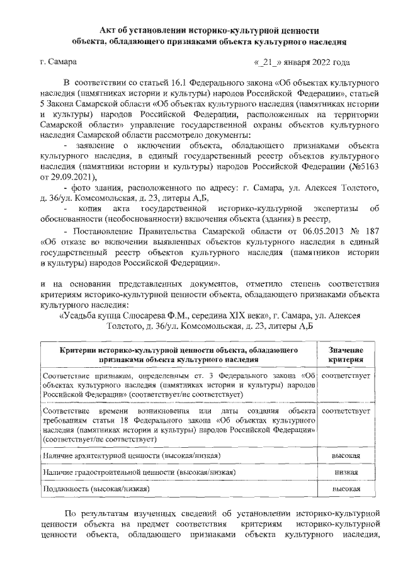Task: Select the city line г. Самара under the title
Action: [x=58, y=63]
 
